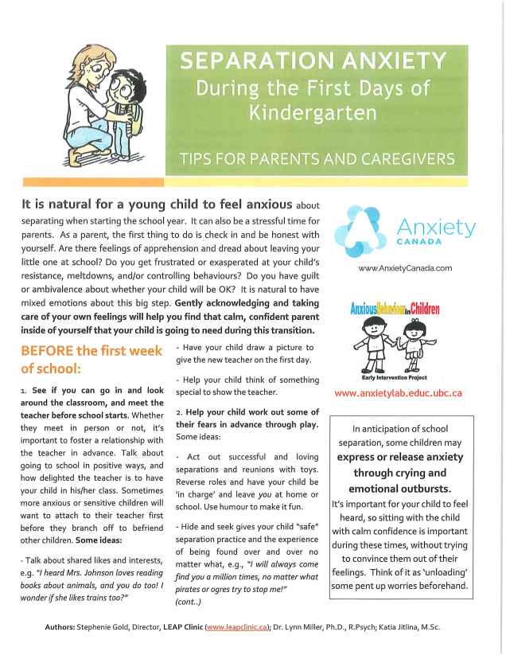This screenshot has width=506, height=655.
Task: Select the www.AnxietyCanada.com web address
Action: (x=406, y=269)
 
